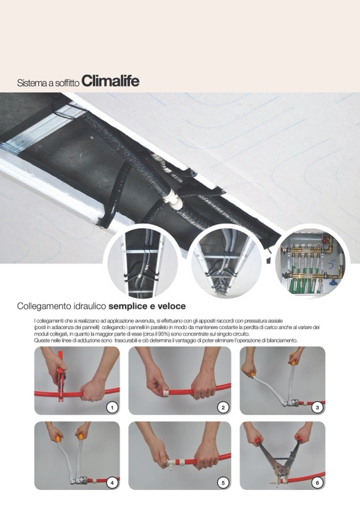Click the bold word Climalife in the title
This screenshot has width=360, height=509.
point(110,81)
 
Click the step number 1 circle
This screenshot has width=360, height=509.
point(113,408)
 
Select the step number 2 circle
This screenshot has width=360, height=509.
point(223,408)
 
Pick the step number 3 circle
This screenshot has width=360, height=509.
point(317,408)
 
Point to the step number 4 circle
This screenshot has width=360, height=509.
point(113,482)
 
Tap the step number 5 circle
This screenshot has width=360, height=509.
point(223,482)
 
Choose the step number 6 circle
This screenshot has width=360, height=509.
point(317,482)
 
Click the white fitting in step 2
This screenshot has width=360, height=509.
point(165,394)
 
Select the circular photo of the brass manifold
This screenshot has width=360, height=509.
point(310,261)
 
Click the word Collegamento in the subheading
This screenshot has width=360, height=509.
point(40,306)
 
